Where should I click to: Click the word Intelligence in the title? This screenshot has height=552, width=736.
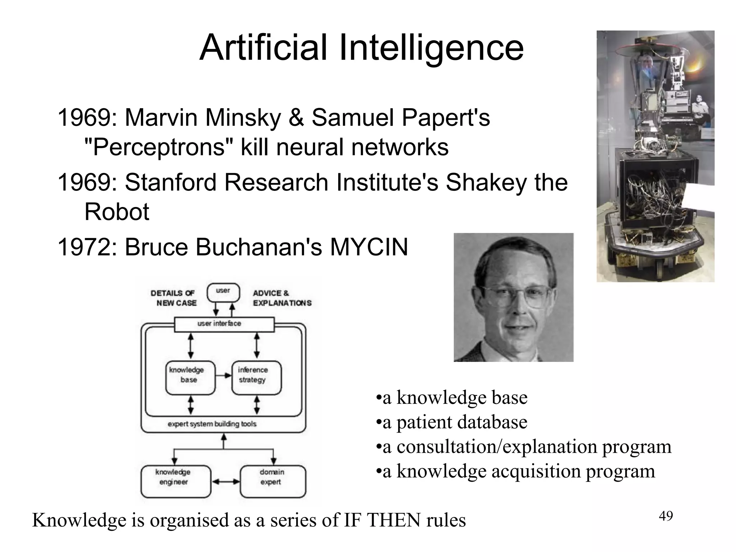[431, 48]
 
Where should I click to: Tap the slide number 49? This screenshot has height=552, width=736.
[666, 516]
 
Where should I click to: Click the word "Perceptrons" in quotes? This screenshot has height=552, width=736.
[158, 147]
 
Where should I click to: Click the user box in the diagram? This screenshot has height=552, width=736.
[223, 292]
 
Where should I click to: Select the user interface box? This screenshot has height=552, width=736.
[224, 324]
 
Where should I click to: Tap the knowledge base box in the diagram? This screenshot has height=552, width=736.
[190, 377]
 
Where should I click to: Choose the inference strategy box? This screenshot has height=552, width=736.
[256, 377]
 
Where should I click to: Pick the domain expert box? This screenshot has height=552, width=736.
[273, 481]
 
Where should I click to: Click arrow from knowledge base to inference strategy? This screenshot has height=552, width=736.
[224, 376]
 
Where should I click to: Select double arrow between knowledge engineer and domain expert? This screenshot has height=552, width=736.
[225, 482]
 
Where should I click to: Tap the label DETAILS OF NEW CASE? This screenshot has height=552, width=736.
[174, 298]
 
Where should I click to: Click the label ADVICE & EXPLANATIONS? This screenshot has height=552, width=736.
[281, 298]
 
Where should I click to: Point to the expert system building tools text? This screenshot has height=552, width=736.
[212, 424]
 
